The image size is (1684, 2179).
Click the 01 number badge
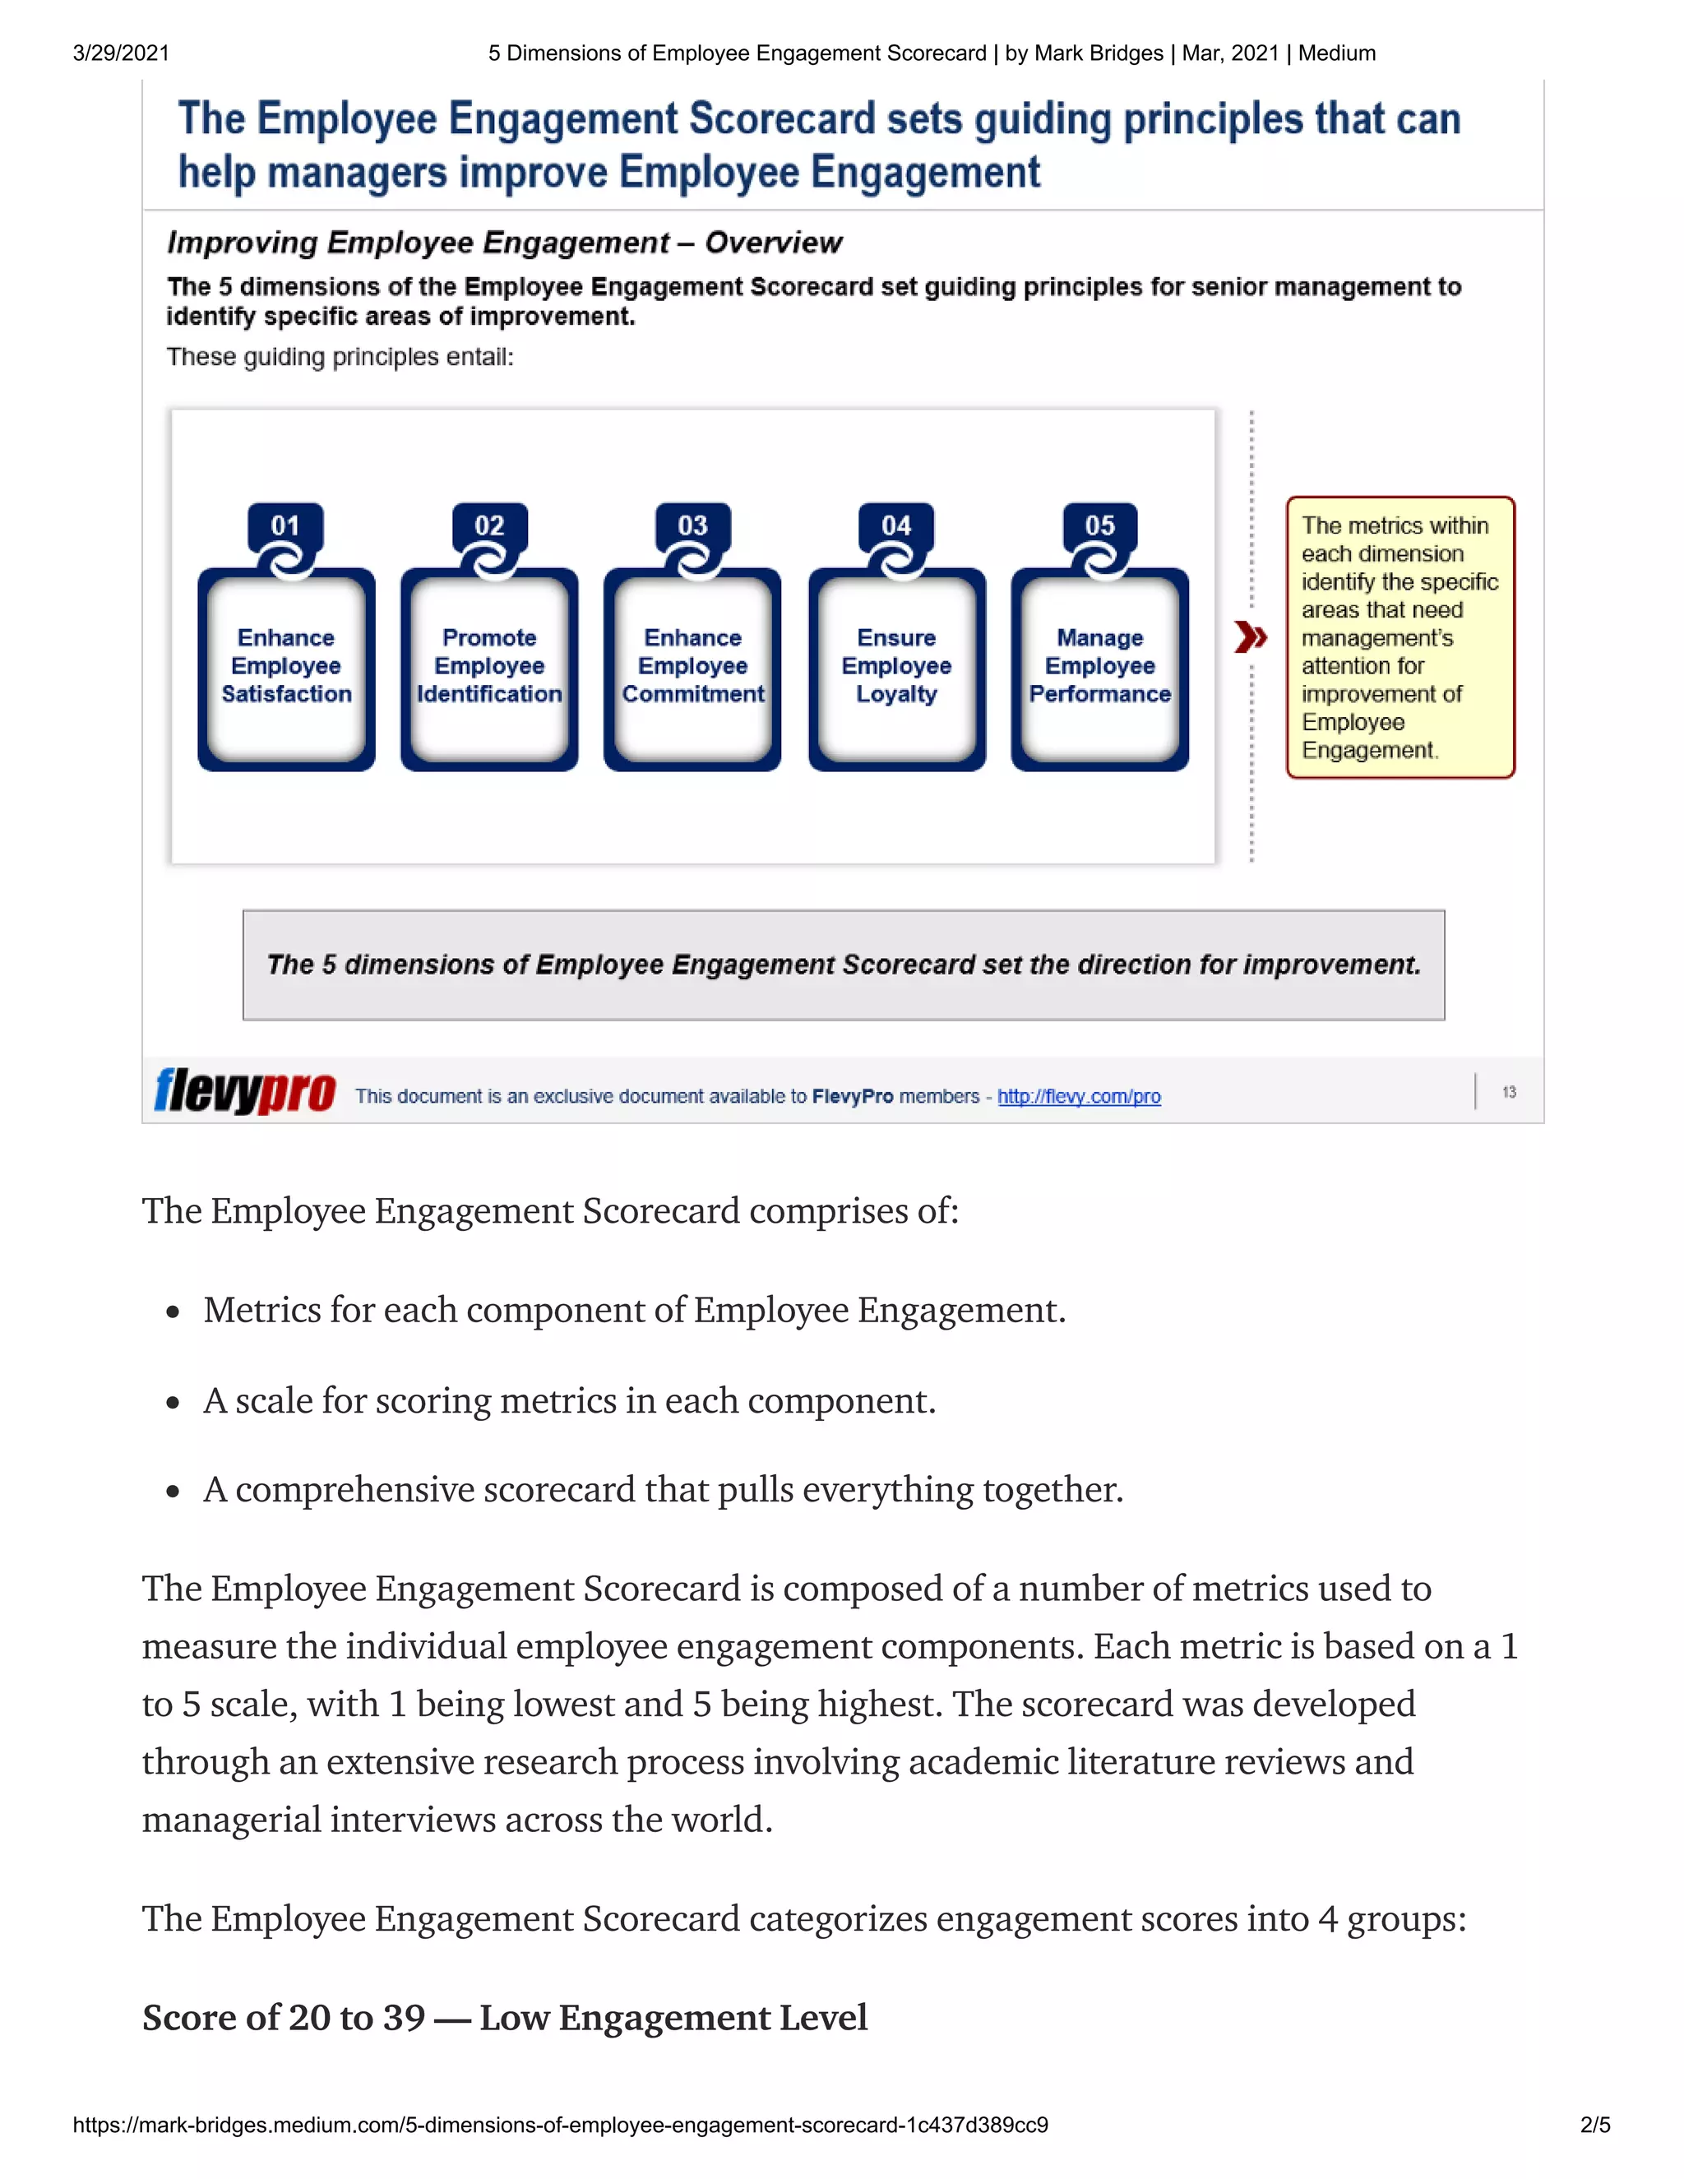(x=285, y=525)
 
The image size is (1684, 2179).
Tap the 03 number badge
(x=692, y=525)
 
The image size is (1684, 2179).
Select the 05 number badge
(x=1099, y=525)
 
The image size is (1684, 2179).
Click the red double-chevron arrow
(x=1250, y=636)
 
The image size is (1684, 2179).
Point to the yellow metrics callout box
(x=1399, y=636)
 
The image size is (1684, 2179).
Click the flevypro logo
(x=244, y=1090)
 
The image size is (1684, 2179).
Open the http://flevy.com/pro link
(x=1079, y=1096)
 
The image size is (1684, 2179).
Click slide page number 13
(x=1508, y=1093)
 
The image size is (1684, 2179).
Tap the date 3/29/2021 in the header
(x=121, y=53)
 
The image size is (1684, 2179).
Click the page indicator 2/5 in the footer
(x=1594, y=2124)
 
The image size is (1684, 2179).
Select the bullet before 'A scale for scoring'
(x=173, y=1403)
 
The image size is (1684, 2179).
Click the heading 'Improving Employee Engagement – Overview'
(x=504, y=243)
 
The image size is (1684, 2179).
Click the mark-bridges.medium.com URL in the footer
(x=560, y=2124)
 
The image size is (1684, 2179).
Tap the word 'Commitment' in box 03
(x=692, y=695)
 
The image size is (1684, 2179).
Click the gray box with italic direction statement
(x=843, y=964)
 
